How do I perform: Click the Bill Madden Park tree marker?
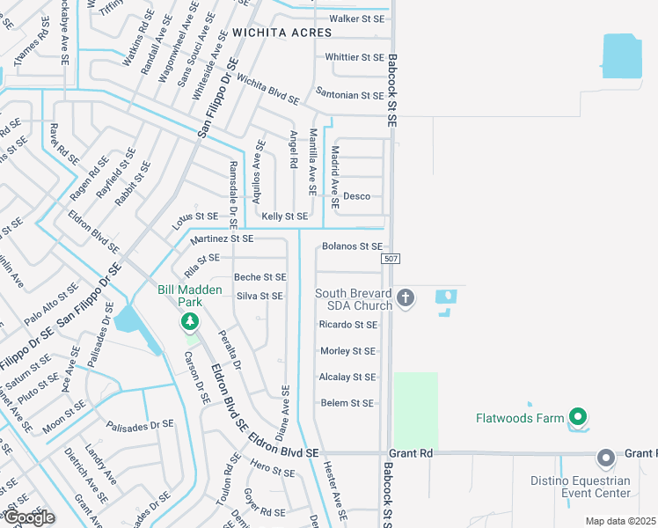click(188, 323)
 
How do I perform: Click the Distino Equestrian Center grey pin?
click(605, 458)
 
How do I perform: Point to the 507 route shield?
click(392, 260)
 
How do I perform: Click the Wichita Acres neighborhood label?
click(282, 33)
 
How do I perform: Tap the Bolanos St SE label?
click(352, 246)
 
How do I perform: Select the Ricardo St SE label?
click(348, 325)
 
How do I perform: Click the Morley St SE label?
click(347, 351)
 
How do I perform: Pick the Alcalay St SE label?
click(347, 378)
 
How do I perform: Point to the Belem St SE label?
click(347, 404)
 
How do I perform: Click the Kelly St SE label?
click(285, 216)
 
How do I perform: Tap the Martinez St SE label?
click(222, 238)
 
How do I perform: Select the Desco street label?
click(356, 196)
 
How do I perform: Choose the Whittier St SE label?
click(355, 57)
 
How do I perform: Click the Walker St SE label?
click(357, 18)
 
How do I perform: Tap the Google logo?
click(29, 517)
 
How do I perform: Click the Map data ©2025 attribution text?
click(621, 521)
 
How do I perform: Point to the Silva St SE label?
click(260, 297)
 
